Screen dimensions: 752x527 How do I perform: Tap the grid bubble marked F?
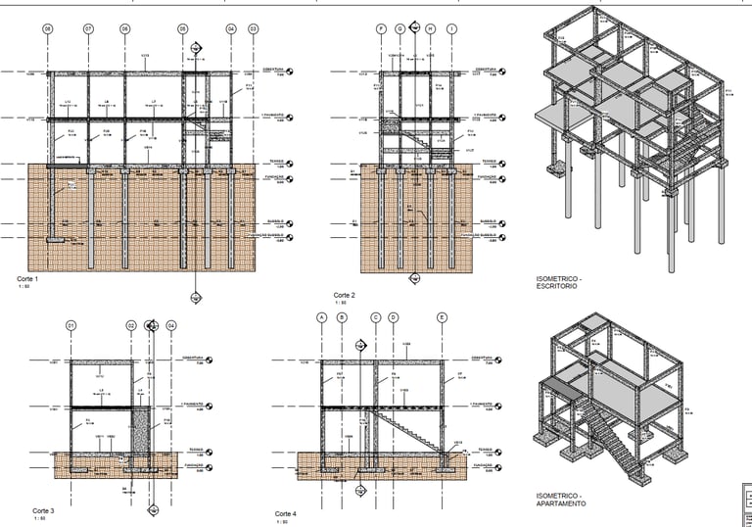(x=381, y=29)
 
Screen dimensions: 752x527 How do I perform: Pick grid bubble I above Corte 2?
(x=450, y=29)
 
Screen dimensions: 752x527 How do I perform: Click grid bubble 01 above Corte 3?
(x=70, y=325)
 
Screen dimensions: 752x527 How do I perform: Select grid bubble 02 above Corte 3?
(x=130, y=325)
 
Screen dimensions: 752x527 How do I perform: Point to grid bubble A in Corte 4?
(x=320, y=317)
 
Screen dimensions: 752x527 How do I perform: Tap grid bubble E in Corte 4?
(x=442, y=317)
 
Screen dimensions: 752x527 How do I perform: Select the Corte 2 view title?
(x=344, y=295)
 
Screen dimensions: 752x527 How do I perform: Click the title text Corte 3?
(x=43, y=511)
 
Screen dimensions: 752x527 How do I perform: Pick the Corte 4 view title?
(x=286, y=514)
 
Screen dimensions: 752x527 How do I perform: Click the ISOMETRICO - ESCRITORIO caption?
(x=559, y=282)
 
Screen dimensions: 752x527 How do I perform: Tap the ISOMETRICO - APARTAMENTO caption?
(x=561, y=500)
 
